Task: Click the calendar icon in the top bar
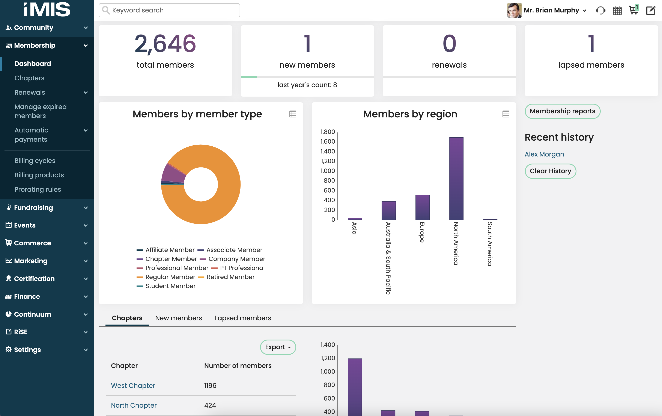617,11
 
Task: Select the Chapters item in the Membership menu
29,78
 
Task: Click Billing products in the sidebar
39,175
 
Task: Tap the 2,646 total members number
165,44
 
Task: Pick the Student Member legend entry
170,286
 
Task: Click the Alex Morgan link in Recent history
544,154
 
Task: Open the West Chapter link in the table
133,386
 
